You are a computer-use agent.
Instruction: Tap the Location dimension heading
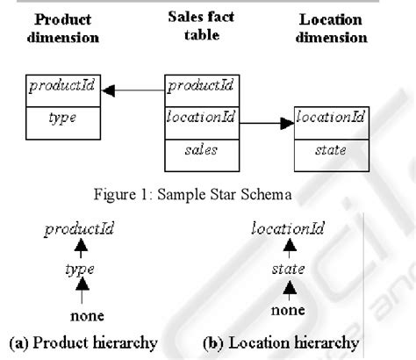tap(331, 28)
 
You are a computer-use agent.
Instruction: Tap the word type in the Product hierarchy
tap(80, 270)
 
